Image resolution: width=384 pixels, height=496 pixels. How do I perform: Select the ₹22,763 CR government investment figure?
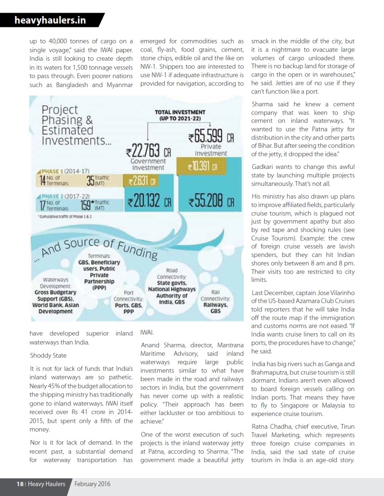tap(147, 152)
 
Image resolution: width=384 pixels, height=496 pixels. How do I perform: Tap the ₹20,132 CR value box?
tap(147, 204)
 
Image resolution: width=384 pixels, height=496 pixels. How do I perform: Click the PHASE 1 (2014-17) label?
tap(61, 171)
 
